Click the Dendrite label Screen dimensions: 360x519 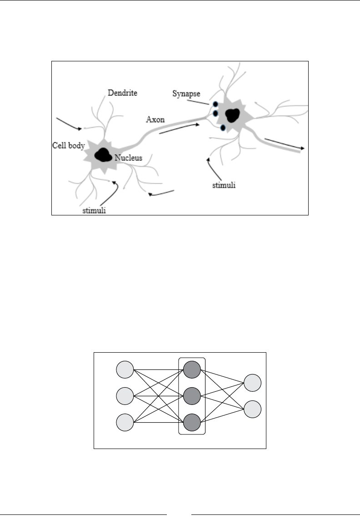[x=122, y=93]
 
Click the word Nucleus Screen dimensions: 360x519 [x=129, y=158]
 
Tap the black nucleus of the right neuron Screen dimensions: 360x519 [x=232, y=115]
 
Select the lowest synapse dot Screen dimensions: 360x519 [x=223, y=128]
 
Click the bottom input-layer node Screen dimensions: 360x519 [x=125, y=422]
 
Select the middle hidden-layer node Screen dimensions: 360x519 [x=192, y=395]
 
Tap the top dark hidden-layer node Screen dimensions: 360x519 [x=192, y=369]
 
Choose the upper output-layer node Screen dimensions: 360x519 [x=252, y=383]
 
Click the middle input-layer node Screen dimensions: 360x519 [x=125, y=395]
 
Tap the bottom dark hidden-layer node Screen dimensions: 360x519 [x=192, y=422]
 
